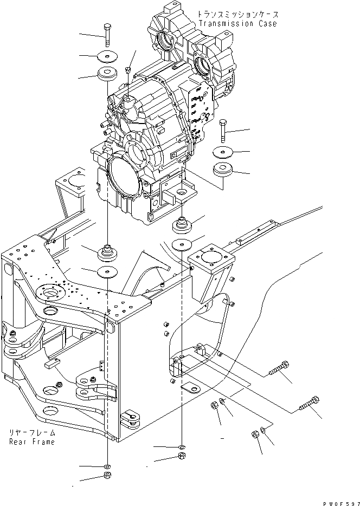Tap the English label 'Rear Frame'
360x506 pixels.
[31, 442]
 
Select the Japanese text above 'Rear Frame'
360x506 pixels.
[31, 433]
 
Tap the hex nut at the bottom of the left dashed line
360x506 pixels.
[107, 477]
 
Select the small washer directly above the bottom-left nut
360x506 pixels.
[107, 466]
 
